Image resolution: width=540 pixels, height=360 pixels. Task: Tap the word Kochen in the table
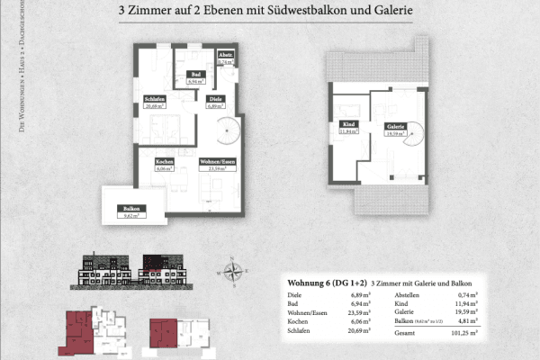pos(298,322)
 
